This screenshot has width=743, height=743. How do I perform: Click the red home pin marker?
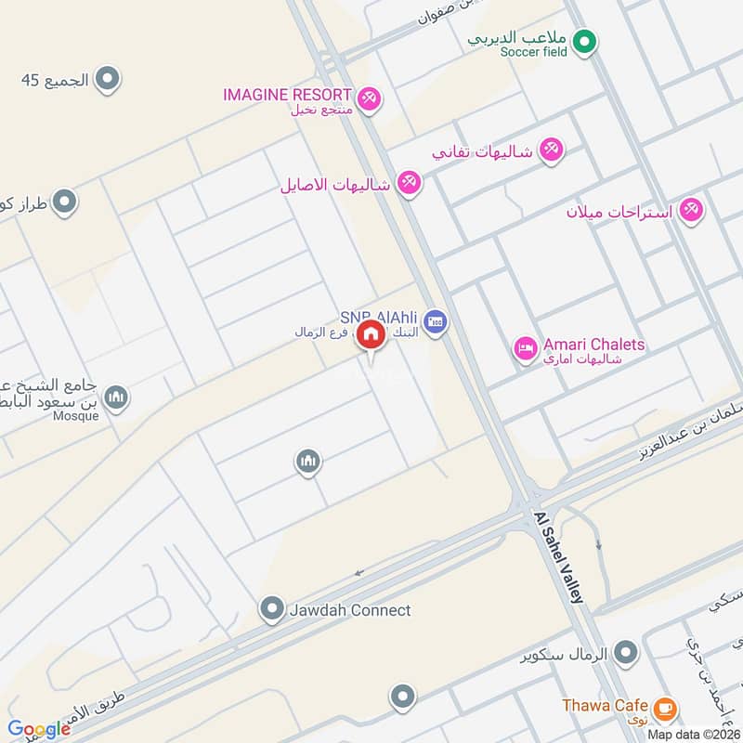pos(371,335)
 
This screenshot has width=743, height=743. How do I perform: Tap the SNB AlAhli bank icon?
pos(435,324)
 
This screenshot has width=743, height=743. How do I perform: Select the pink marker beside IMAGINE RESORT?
pos(369,97)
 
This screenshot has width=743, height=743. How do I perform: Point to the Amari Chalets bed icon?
pos(525,349)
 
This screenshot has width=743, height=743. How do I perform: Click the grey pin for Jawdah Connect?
pos(271,609)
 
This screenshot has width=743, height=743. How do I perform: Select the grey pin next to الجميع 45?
pos(109,80)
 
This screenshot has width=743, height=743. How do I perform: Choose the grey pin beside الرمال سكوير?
pos(627,653)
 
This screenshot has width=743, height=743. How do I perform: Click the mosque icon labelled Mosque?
pos(115,398)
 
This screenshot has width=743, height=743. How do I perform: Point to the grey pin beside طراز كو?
pos(64,201)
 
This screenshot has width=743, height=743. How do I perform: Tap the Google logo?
pos(39,729)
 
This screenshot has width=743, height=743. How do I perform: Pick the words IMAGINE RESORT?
pos(287,95)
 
